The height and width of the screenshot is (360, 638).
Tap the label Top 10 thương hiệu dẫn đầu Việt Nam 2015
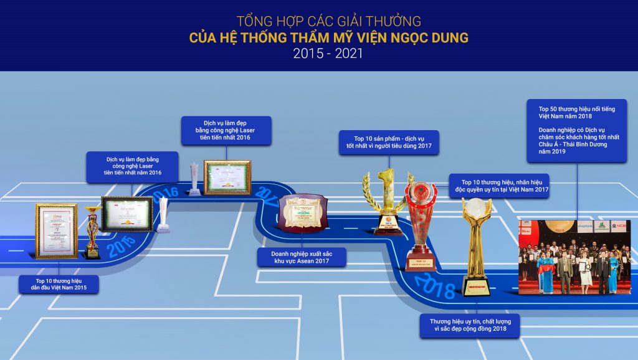pyautogui.click(x=59, y=284)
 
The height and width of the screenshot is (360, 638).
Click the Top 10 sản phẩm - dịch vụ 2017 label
pyautogui.click(x=389, y=143)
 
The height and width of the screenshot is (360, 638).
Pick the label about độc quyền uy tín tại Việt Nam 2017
pyautogui.click(x=500, y=186)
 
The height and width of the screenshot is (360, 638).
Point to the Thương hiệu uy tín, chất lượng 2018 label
pyautogui.click(x=470, y=326)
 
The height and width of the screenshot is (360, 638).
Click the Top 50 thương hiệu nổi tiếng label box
pyautogui.click(x=576, y=130)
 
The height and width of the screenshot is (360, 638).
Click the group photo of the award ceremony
pyautogui.click(x=574, y=257)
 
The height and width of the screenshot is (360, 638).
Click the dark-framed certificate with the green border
pyautogui.click(x=127, y=214)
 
